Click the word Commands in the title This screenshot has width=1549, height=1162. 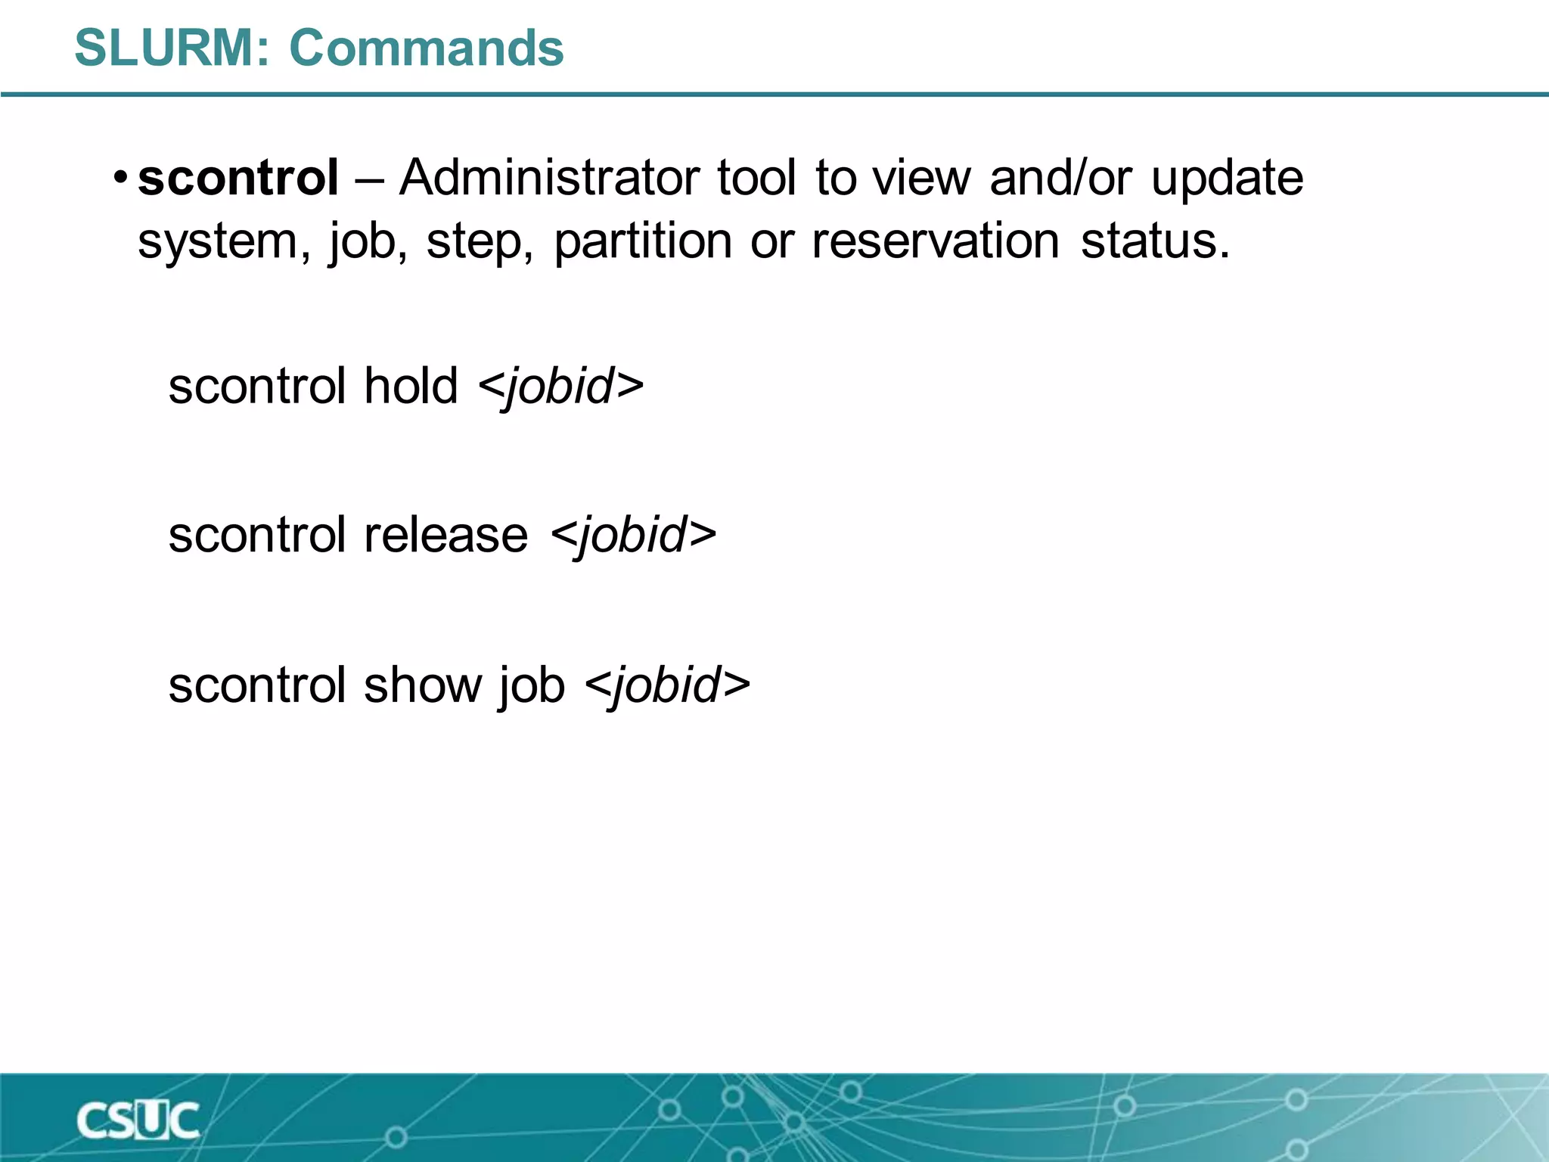click(427, 48)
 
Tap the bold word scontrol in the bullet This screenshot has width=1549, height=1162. click(238, 179)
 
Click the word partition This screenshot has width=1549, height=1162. click(643, 242)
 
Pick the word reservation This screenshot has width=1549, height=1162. click(935, 242)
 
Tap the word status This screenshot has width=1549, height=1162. click(1154, 242)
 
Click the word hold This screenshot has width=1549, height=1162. click(411, 386)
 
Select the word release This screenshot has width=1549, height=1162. click(446, 535)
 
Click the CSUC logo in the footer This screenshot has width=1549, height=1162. click(138, 1120)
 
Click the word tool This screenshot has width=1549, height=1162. click(756, 179)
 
